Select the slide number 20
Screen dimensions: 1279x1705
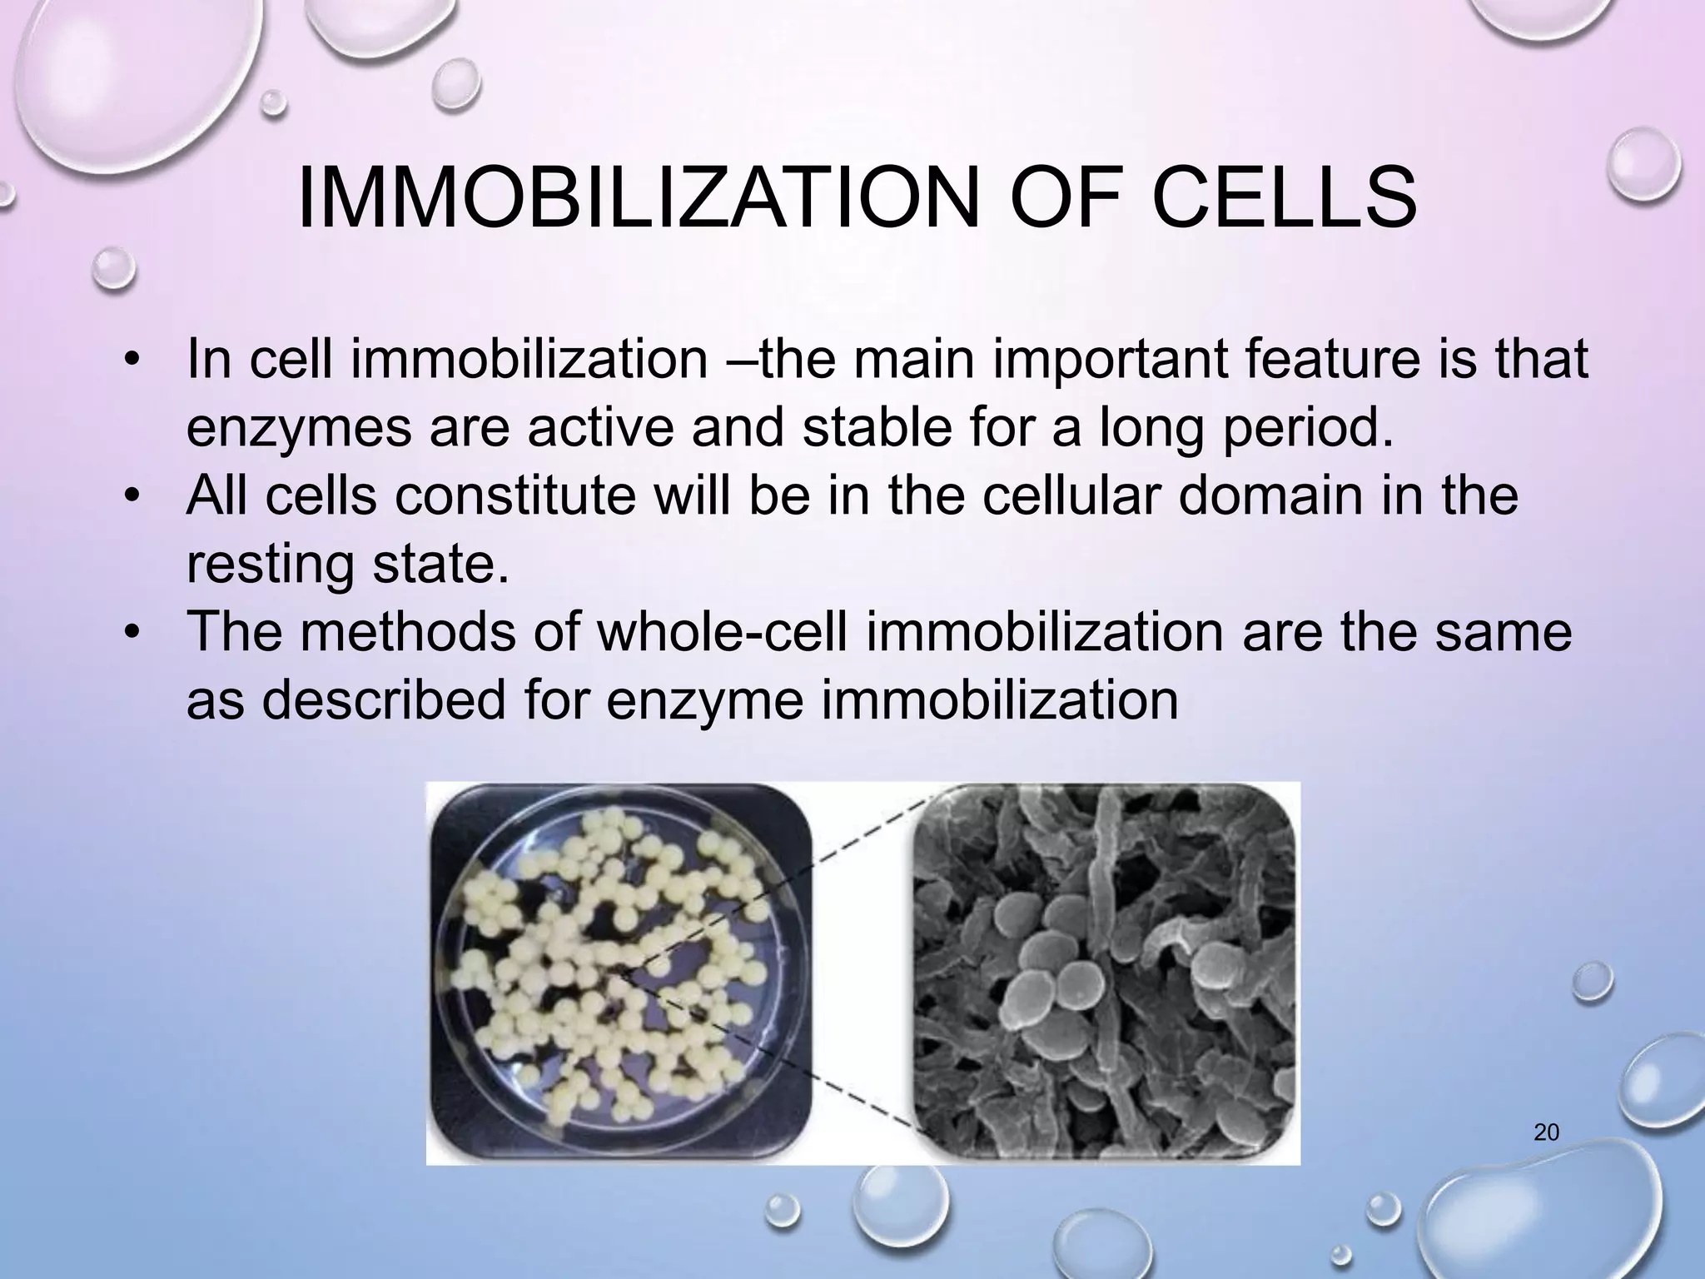point(1546,1132)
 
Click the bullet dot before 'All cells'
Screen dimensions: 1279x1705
point(131,497)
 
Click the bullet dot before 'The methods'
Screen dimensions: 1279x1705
point(131,634)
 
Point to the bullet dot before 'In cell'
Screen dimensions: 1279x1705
point(131,361)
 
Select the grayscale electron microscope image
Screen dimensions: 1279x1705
point(1106,971)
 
